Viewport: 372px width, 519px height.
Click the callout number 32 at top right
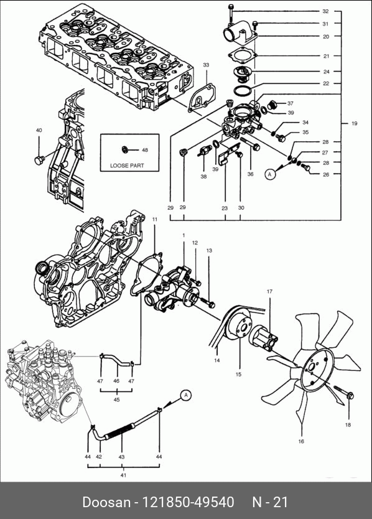(x=326, y=11)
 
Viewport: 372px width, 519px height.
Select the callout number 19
(x=355, y=123)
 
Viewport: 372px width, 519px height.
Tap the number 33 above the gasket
(x=206, y=65)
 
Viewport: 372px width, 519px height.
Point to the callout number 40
(x=39, y=131)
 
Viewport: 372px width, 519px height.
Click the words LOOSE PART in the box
(x=127, y=166)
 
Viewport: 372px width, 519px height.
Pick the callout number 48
(x=145, y=150)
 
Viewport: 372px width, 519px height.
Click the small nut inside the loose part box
(x=125, y=149)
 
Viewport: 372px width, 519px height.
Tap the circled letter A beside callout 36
(x=271, y=174)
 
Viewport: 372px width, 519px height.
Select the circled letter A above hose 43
(x=186, y=395)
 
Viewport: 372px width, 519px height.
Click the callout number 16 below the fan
(x=301, y=441)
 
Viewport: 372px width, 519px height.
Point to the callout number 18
(x=348, y=424)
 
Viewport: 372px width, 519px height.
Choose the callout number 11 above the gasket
(x=155, y=219)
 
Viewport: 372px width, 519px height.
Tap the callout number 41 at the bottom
(x=123, y=475)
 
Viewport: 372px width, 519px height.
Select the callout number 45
(x=116, y=400)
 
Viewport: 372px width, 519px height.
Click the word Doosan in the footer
(x=106, y=502)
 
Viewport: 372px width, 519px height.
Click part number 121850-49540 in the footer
(x=188, y=502)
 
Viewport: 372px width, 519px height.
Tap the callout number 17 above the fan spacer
(x=269, y=292)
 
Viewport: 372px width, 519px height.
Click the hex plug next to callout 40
(x=39, y=160)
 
